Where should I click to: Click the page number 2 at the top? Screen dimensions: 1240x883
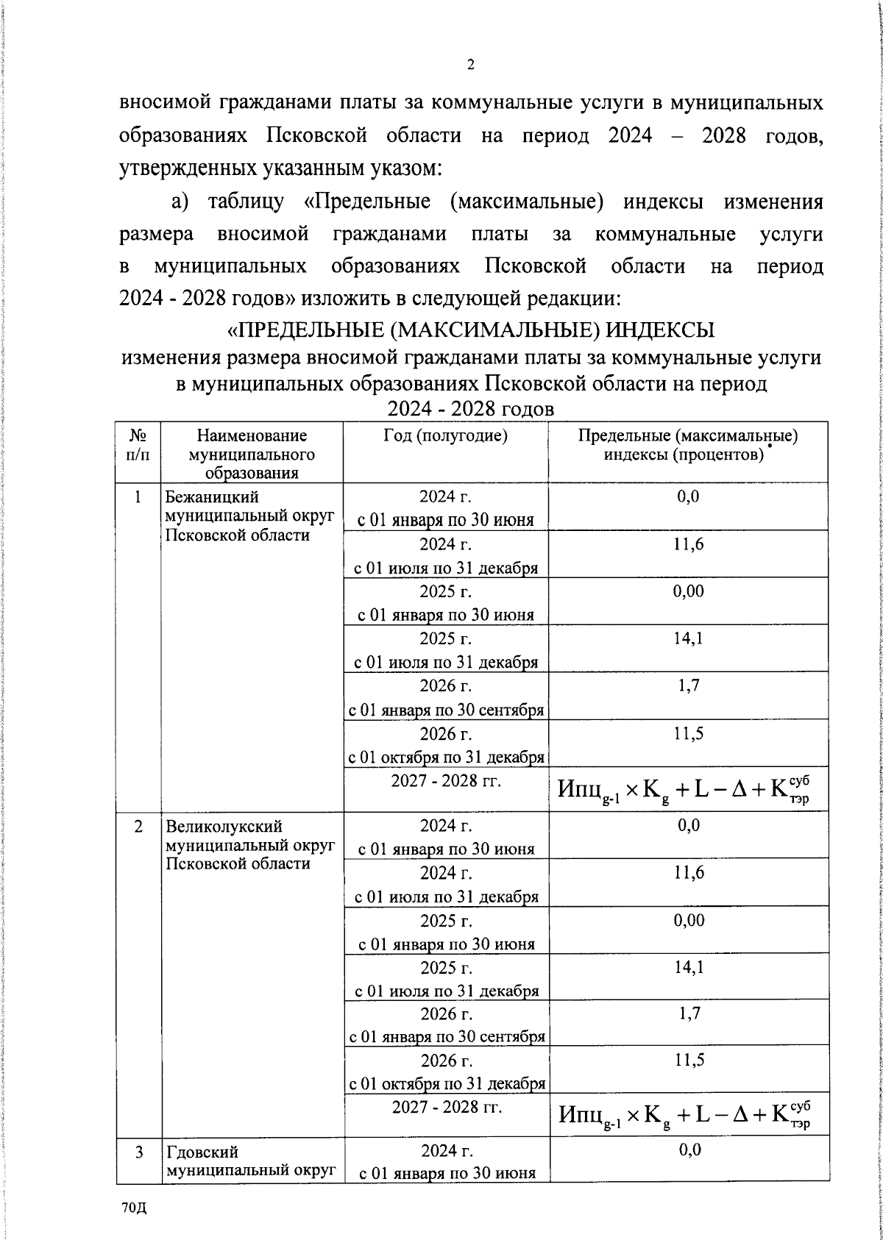pyautogui.click(x=470, y=65)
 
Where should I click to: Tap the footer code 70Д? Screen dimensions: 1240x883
pyautogui.click(x=135, y=1209)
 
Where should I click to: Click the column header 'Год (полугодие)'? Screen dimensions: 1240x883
pyautogui.click(x=445, y=435)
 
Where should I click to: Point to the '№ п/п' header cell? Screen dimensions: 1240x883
pyautogui.click(x=138, y=444)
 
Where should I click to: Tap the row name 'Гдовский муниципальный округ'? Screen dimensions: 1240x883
pyautogui.click(x=250, y=1160)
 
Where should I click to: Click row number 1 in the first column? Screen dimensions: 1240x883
pyautogui.click(x=138, y=497)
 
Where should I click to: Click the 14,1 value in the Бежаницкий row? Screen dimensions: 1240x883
pyautogui.click(x=687, y=638)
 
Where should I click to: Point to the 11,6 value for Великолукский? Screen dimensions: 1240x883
pyautogui.click(x=688, y=872)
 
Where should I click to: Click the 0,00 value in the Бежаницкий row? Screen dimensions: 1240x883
pyautogui.click(x=688, y=591)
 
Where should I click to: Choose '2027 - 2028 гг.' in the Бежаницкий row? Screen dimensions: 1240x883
pyautogui.click(x=446, y=780)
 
